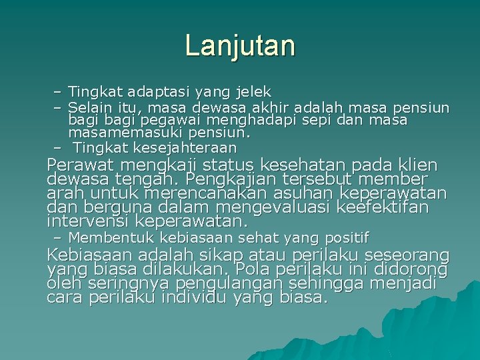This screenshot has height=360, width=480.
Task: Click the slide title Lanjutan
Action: coord(240,46)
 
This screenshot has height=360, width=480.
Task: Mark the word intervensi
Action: coord(88,221)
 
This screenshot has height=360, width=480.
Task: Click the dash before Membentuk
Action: coord(57,238)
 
